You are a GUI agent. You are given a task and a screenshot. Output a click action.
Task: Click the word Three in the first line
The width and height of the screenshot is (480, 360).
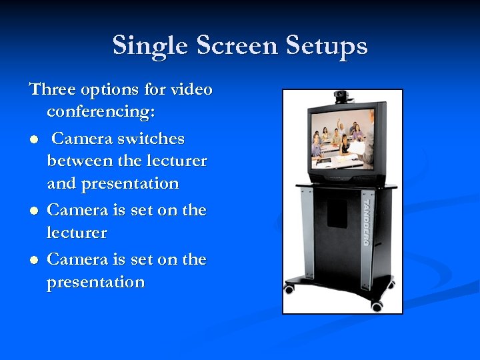click(53, 89)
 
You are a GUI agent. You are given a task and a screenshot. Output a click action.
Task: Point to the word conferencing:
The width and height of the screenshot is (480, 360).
click(101, 112)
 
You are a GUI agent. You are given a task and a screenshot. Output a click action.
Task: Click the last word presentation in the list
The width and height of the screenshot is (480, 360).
click(95, 283)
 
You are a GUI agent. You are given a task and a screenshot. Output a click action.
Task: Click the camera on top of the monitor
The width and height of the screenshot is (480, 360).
click(343, 97)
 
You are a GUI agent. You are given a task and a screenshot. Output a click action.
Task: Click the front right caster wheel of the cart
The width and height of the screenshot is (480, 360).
click(377, 306)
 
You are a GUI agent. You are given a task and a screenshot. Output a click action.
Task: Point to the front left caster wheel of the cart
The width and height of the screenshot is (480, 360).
click(289, 289)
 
